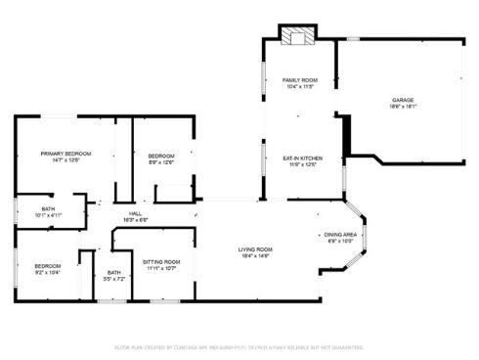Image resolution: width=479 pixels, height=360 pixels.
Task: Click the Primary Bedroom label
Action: pyautogui.click(x=65, y=154)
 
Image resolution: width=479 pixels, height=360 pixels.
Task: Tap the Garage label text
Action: pyautogui.click(x=404, y=100)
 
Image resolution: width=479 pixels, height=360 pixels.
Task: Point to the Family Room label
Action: pyautogui.click(x=300, y=79)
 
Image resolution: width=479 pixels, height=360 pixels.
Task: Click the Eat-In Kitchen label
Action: pyautogui.click(x=303, y=157)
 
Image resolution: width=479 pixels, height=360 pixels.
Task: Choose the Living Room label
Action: pyautogui.click(x=255, y=249)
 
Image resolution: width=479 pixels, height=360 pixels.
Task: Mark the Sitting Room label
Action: pyautogui.click(x=161, y=261)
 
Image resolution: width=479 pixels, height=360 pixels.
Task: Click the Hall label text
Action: pyautogui.click(x=135, y=213)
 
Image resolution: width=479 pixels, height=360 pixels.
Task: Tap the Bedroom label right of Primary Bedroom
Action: pyautogui.click(x=161, y=156)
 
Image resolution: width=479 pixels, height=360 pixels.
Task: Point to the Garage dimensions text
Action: pyautogui.click(x=404, y=107)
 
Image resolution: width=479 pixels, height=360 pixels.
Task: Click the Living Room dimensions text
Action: pyautogui.click(x=255, y=256)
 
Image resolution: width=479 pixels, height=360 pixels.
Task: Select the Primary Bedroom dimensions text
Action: pyautogui.click(x=65, y=160)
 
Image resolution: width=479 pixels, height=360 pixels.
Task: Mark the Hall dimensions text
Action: pyautogui.click(x=135, y=220)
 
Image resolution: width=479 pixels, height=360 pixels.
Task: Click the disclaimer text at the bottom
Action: pyautogui.click(x=239, y=346)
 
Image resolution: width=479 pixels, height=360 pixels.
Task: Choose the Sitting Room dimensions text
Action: pyautogui.click(x=161, y=268)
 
